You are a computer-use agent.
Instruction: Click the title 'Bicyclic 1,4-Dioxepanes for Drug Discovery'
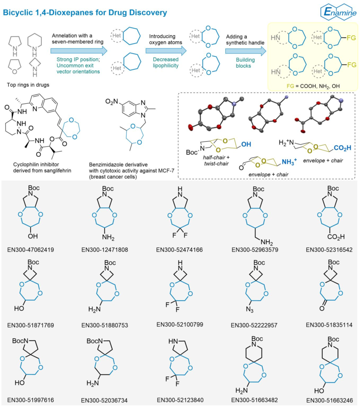[85, 13]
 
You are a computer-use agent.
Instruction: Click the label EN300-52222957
[256, 325]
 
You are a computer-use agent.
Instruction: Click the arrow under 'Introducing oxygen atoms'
[166, 50]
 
